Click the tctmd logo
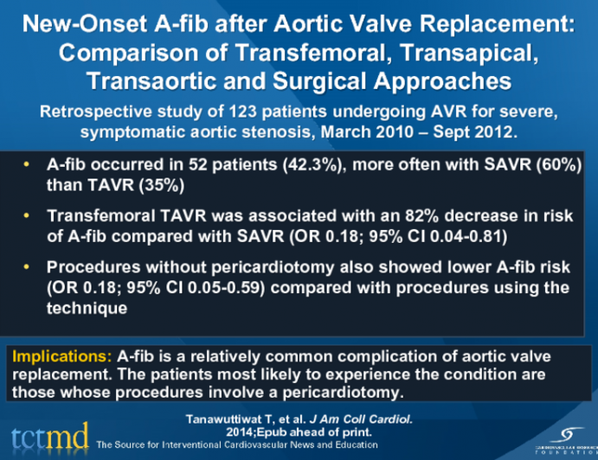click(x=48, y=434)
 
